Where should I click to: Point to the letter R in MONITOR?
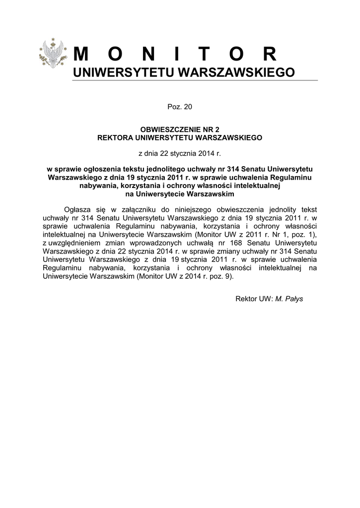270,54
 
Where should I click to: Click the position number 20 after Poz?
188,107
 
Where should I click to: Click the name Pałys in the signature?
293,299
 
